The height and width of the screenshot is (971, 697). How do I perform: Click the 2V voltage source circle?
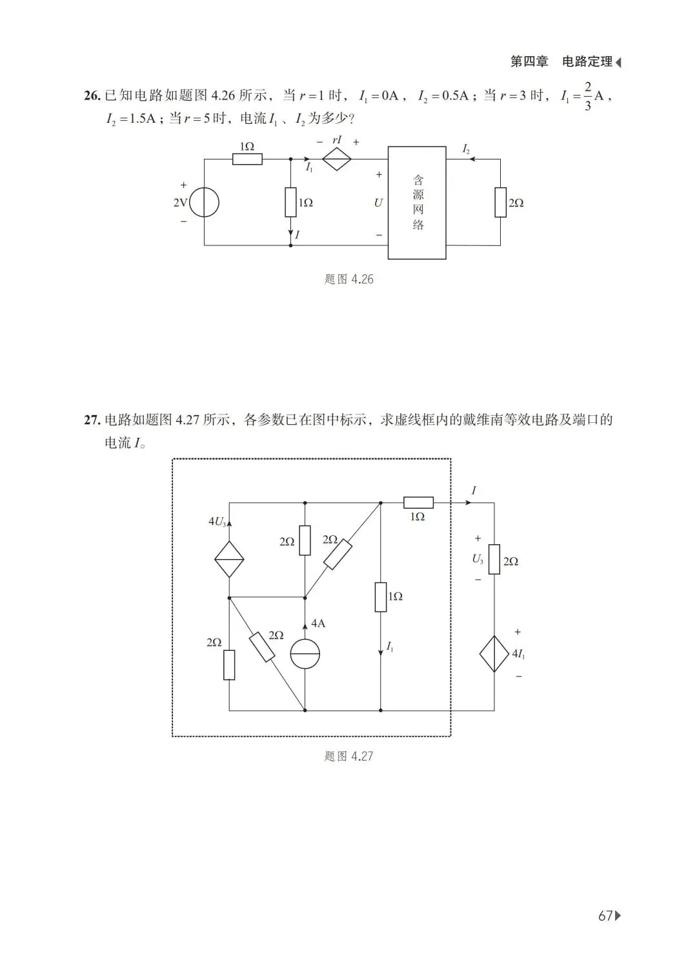pos(205,203)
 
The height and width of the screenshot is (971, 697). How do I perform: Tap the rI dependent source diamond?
pos(336,158)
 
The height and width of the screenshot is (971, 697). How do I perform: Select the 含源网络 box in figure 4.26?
pos(417,203)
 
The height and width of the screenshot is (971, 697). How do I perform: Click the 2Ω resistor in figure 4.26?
pos(500,202)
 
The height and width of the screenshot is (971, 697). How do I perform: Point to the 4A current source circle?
pos(305,654)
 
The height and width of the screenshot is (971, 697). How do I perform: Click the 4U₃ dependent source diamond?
pos(229,559)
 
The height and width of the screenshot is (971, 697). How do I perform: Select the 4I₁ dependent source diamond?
pos(494,654)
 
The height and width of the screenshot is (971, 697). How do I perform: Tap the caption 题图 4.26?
pos(348,280)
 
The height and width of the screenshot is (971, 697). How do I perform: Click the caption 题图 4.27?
pos(348,756)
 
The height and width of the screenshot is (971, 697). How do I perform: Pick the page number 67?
pos(605,915)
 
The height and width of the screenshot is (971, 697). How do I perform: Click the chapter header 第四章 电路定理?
pos(561,62)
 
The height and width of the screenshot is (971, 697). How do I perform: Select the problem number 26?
pos(92,96)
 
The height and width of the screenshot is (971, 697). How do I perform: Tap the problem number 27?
pos(92,420)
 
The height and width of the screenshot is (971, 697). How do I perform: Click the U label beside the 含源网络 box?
pos(378,203)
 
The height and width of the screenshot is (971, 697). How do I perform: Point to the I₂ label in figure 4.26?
pos(466,149)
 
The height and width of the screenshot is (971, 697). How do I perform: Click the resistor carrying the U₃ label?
pos(494,559)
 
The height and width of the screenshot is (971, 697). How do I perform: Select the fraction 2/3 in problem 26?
pos(587,96)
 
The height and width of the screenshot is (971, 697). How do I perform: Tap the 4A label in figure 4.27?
pos(318,624)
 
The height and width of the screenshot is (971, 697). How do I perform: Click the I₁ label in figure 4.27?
pos(390,646)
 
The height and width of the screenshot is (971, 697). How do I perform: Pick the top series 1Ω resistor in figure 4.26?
pos(247,158)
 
